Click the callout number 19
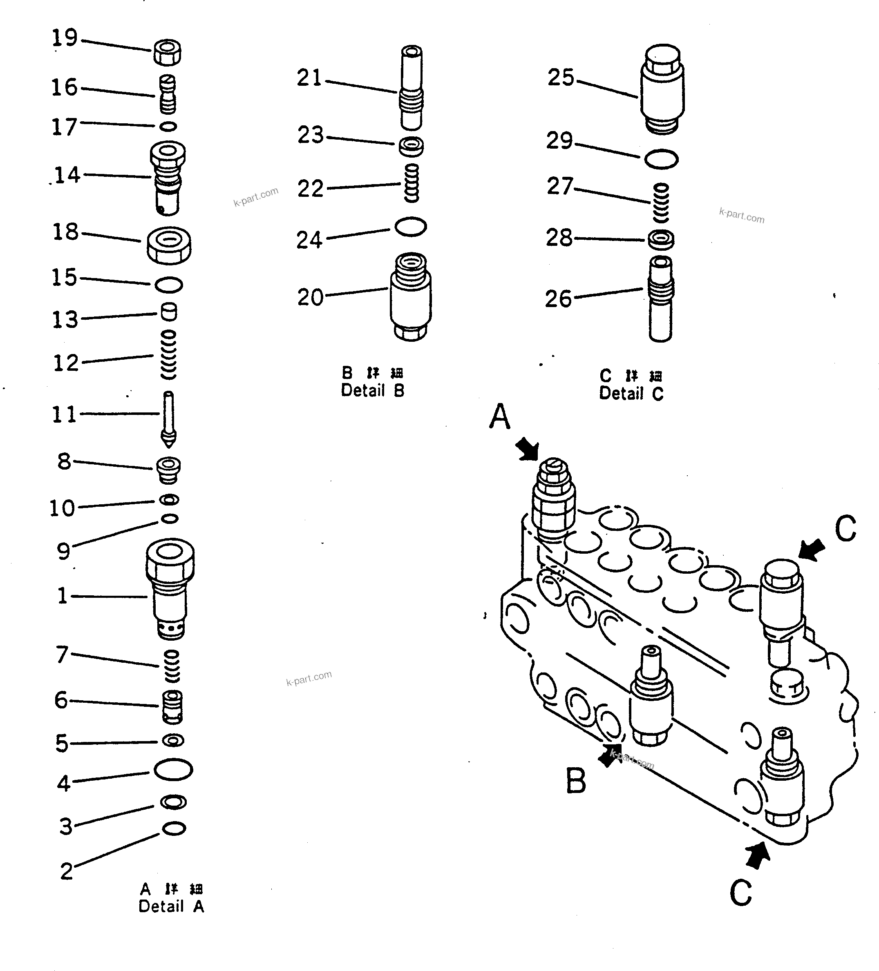(x=65, y=38)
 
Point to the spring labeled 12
(x=168, y=354)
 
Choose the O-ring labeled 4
(x=174, y=769)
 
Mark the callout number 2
(x=67, y=871)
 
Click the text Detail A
(x=172, y=906)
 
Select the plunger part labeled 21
(x=411, y=88)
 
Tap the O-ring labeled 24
(x=411, y=226)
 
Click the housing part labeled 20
(x=411, y=298)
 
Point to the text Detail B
(x=373, y=390)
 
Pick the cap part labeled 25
(x=662, y=89)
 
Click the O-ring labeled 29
(x=661, y=159)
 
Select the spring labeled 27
(x=661, y=203)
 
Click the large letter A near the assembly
(x=499, y=416)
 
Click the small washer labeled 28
(x=661, y=239)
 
